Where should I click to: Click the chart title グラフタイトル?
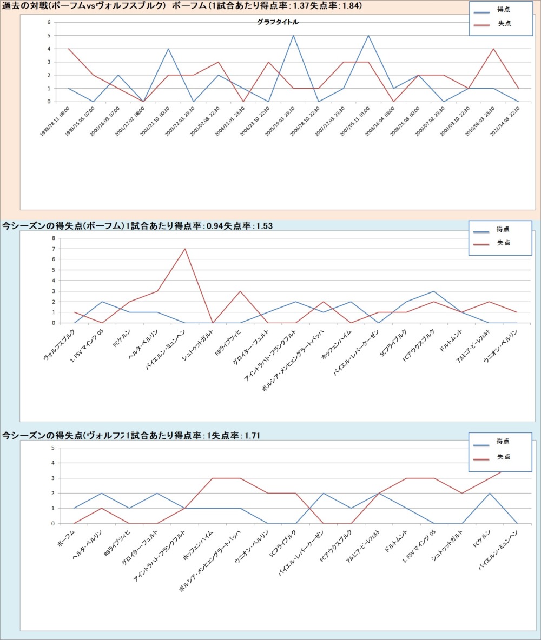tap(278, 23)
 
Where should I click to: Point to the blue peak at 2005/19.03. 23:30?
tap(293, 36)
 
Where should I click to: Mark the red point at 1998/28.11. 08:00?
tap(69, 49)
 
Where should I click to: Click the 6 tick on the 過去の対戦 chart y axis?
tap(49, 23)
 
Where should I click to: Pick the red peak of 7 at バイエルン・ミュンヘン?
tap(185, 249)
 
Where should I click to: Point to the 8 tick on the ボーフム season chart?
tap(54, 238)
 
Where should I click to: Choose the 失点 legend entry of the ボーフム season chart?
tap(503, 243)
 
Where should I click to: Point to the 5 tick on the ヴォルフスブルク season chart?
tap(53, 448)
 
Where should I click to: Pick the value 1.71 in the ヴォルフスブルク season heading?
tap(253, 435)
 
